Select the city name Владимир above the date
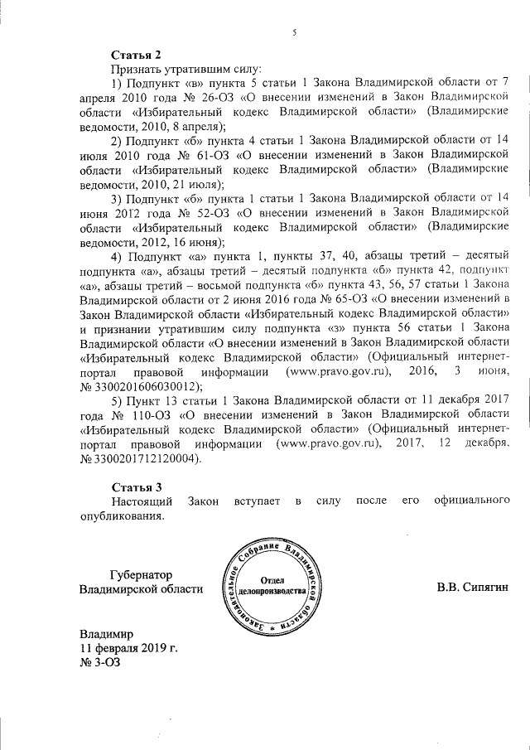pos(106,632)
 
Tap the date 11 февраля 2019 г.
pos(128,647)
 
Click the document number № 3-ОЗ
pos(99,663)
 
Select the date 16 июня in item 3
pos(200,242)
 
